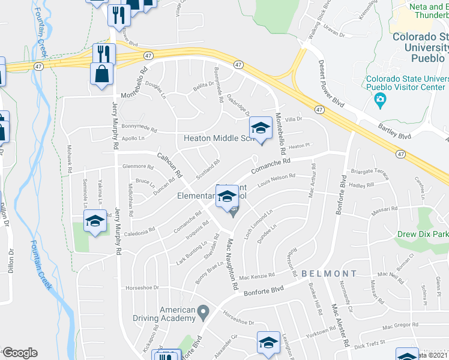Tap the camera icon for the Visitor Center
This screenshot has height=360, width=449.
(379, 99)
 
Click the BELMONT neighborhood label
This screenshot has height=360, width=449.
(329, 274)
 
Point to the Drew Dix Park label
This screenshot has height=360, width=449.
(423, 234)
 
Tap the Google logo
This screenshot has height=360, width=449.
(19, 353)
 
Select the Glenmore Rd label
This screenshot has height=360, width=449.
(139, 167)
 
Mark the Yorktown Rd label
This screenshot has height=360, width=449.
(320, 332)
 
